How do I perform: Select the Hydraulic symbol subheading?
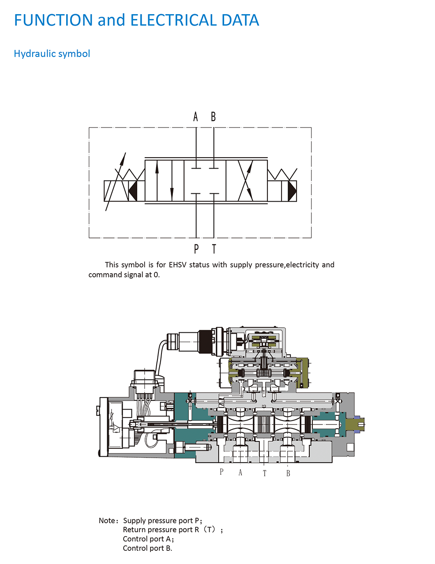point(52,54)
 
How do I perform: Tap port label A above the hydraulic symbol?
point(196,117)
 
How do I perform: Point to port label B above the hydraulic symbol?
point(214,117)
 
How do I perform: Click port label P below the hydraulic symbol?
point(196,249)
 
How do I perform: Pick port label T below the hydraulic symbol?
point(214,249)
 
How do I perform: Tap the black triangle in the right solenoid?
point(292,191)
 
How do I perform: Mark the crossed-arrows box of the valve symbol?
point(246,180)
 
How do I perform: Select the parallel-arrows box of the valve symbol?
point(164,180)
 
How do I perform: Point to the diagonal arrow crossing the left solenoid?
point(116,181)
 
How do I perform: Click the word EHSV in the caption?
point(178,265)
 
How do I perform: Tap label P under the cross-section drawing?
point(221,472)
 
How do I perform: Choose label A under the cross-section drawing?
point(240,473)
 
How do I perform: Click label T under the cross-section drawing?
point(265,474)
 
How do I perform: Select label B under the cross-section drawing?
point(288,474)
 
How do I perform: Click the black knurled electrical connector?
point(205,341)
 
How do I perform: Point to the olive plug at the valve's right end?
point(355,425)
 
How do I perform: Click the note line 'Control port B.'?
point(147,548)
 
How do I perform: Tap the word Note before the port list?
point(107,521)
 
